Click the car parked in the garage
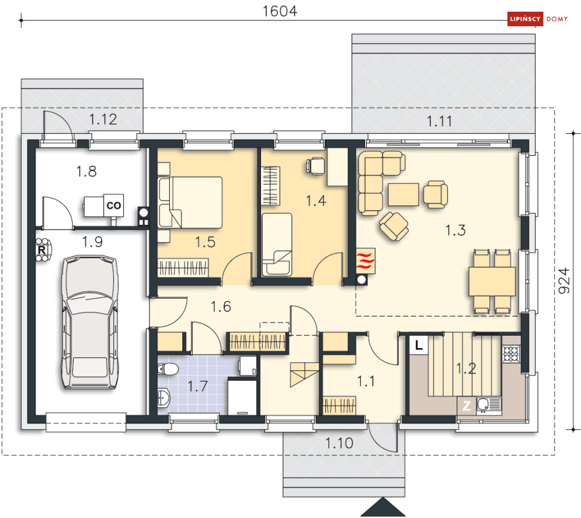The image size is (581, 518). [90, 322]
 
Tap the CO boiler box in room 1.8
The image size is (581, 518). [113, 205]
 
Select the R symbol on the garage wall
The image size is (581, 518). [42, 250]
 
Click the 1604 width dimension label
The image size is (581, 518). [280, 11]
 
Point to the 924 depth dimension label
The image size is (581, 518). [564, 280]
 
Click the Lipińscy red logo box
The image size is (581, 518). [525, 19]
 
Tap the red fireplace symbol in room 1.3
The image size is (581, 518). [366, 260]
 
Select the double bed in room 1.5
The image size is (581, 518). [190, 202]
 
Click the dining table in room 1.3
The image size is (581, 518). [492, 281]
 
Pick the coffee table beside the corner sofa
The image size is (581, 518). [403, 194]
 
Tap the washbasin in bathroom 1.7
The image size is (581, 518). [163, 398]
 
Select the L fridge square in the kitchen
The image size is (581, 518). [419, 345]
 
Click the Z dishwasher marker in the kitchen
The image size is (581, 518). [467, 406]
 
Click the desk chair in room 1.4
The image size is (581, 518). [316, 166]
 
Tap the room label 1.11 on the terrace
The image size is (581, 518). [439, 121]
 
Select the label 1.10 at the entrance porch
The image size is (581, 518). [339, 443]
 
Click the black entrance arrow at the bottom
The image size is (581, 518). [382, 507]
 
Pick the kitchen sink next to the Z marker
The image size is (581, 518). [489, 405]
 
